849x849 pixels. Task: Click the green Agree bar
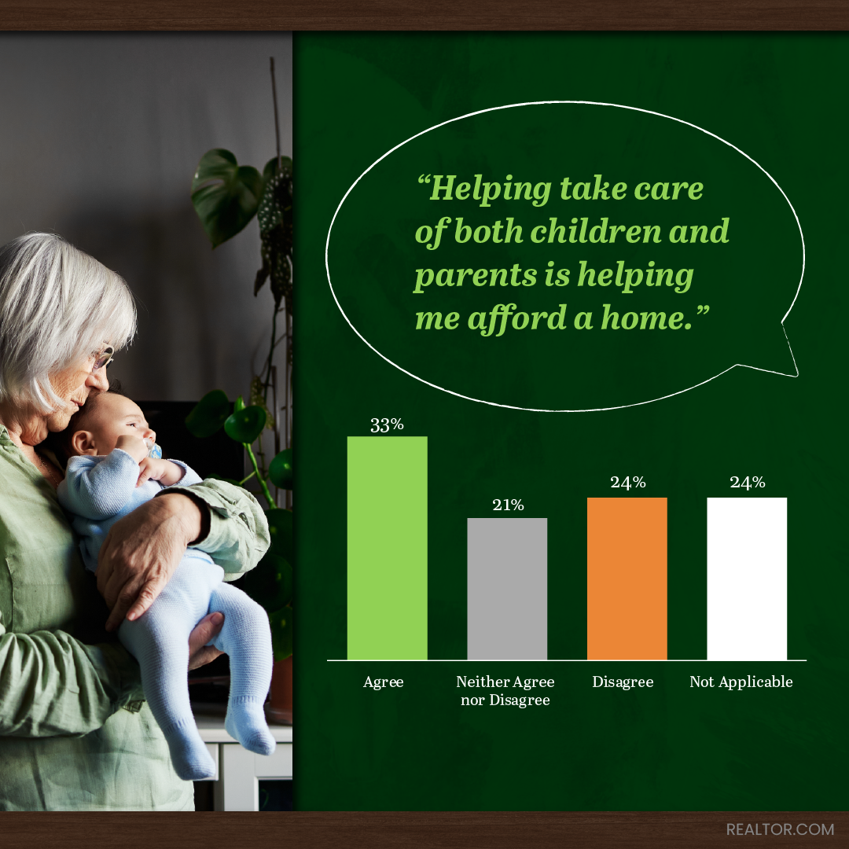(x=387, y=548)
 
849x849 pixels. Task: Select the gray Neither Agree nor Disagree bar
(x=507, y=589)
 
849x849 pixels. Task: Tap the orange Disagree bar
(x=627, y=579)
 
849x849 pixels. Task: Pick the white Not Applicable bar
(x=747, y=579)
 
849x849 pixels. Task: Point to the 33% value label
(x=387, y=425)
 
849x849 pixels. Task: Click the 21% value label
(x=508, y=505)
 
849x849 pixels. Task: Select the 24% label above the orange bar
(x=628, y=483)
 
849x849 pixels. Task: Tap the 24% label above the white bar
(x=748, y=483)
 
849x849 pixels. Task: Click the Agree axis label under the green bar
(x=384, y=682)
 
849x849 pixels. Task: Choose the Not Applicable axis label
(x=741, y=682)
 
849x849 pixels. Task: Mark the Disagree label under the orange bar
(x=623, y=682)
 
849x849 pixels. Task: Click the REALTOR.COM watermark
(x=781, y=829)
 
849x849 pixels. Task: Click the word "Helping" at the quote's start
(x=484, y=189)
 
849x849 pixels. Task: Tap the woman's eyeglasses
(x=103, y=358)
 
